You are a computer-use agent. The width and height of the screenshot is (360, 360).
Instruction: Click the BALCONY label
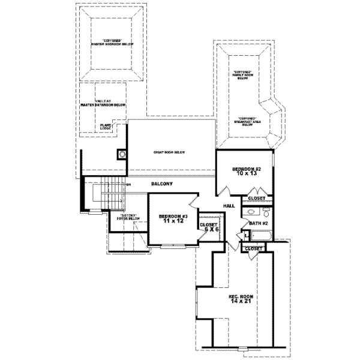tap(162, 184)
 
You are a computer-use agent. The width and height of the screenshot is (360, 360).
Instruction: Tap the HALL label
tap(229, 206)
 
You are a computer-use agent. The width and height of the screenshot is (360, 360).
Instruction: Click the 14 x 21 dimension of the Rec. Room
tap(239, 301)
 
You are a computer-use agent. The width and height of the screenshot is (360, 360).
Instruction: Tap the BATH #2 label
tap(258, 224)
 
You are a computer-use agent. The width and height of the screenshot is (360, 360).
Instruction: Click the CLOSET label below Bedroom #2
tap(256, 198)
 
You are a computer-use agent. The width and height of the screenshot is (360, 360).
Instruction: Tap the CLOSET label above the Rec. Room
tap(253, 248)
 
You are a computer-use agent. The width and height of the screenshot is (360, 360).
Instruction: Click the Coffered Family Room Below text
tap(242, 74)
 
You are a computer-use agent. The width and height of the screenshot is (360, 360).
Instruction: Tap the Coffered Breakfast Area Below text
tap(247, 121)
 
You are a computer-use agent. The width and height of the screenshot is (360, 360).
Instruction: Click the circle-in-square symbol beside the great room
tap(122, 154)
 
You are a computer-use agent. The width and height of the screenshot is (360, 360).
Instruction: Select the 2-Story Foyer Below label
tap(129, 217)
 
